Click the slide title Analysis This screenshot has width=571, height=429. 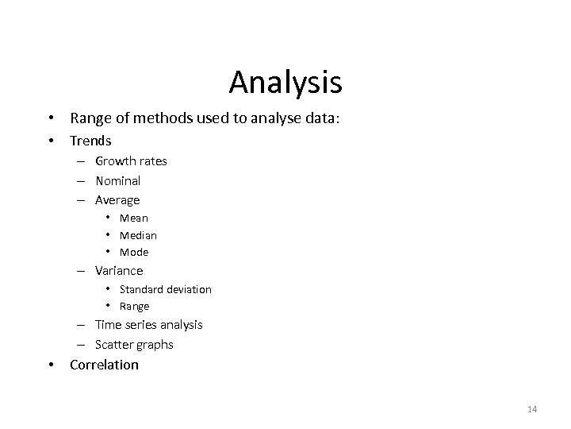pos(285,81)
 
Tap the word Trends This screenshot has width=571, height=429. pos(90,141)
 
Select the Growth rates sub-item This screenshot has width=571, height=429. pos(131,161)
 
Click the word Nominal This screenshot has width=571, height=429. pos(117,180)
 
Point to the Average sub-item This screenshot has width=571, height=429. pos(117,200)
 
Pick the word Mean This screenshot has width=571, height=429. pos(134,218)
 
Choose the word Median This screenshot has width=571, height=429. pos(138,235)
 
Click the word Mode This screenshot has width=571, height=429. pos(134,253)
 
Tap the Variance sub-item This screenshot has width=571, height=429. pos(119,271)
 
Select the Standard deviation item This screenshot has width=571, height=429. pos(166,289)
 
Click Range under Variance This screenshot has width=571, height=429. pos(134,307)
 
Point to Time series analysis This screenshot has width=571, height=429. pos(148,325)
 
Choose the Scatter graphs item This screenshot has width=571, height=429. pos(134,345)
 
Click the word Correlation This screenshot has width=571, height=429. pos(104,365)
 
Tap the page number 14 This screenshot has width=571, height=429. pos(531,409)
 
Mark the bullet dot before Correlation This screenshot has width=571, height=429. pos(50,365)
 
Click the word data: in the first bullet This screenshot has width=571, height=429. pos(323,118)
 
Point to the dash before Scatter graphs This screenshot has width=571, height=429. pos(82,345)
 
